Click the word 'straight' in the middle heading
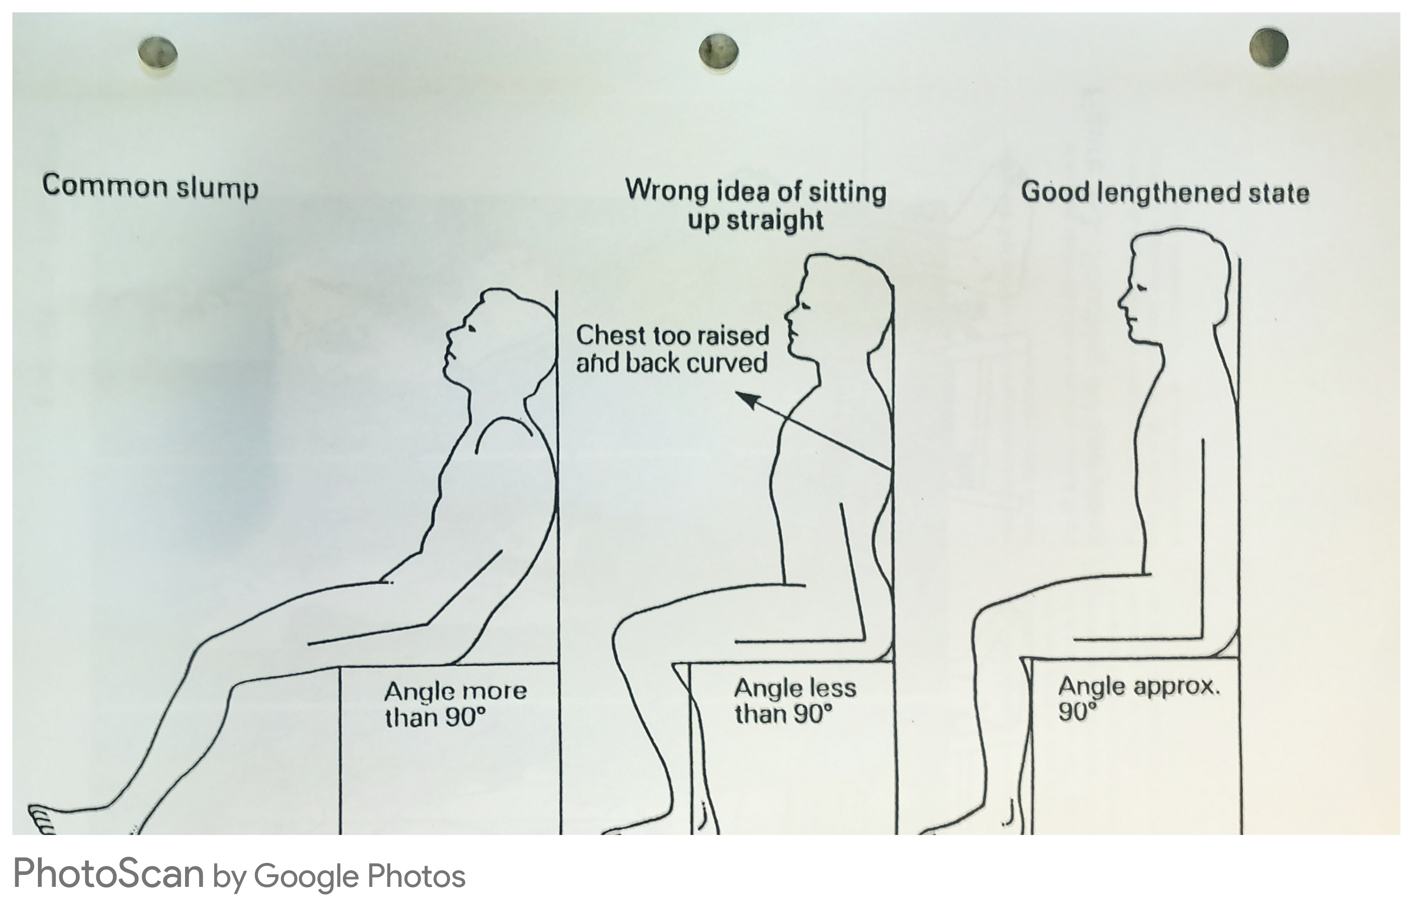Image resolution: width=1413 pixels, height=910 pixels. [775, 220]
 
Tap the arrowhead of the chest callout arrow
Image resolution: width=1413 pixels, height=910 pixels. [747, 400]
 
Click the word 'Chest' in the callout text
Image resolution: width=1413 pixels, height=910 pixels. [611, 336]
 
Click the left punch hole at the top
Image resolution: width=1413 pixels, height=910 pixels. [157, 52]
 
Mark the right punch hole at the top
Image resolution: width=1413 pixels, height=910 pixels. [1268, 47]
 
